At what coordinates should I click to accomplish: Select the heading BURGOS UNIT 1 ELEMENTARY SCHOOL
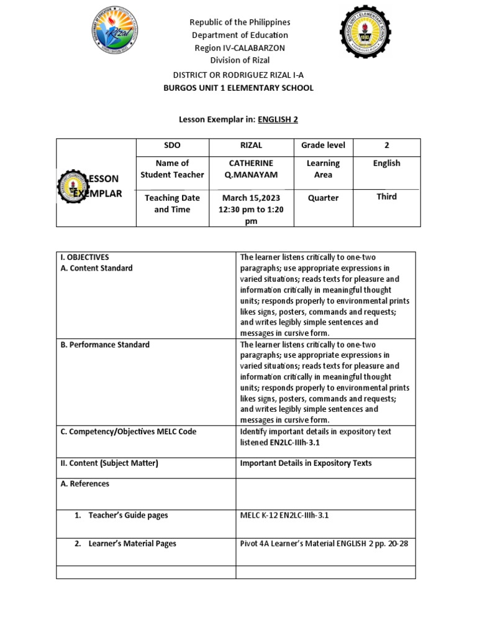(x=238, y=88)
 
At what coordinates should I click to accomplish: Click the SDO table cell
(x=172, y=146)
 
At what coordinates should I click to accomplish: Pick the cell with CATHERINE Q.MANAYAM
(x=251, y=169)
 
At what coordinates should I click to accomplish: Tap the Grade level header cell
(x=323, y=146)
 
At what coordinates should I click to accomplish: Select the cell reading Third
(x=386, y=197)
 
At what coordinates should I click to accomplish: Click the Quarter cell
(x=323, y=198)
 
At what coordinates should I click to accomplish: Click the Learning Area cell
(x=323, y=169)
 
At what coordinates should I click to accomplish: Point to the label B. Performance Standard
(x=105, y=345)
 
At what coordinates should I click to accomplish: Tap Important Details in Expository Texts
(x=306, y=463)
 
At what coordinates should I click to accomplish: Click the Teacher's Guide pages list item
(x=128, y=516)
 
